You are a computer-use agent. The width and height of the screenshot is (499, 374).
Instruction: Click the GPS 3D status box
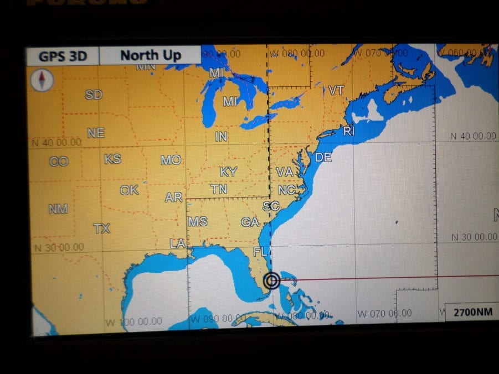[x=62, y=56]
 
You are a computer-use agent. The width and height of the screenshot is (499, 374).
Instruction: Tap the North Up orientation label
[x=151, y=55]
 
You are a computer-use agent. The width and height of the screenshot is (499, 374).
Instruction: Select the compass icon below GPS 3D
[x=43, y=80]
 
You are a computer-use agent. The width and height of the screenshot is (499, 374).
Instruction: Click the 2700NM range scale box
[x=472, y=312]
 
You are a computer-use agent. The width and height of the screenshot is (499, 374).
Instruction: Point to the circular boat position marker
[x=271, y=281]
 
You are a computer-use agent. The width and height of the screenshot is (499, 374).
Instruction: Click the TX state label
[x=101, y=228]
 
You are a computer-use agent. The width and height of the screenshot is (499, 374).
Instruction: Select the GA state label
[x=250, y=222]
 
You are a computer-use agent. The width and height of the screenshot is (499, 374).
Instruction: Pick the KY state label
[x=228, y=172]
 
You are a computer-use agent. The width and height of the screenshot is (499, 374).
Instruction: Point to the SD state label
[x=94, y=95]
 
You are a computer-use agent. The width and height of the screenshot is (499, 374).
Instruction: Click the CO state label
[x=59, y=162]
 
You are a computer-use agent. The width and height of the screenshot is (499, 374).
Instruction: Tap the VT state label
[x=336, y=90]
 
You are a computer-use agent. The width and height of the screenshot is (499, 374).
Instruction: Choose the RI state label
[x=349, y=131]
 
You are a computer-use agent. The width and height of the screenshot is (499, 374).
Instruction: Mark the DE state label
[x=323, y=158]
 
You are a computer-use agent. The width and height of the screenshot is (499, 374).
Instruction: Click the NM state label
[x=58, y=209]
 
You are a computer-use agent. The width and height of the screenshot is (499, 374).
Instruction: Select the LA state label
[x=177, y=243]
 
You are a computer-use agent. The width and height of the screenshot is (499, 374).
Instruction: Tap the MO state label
[x=171, y=160]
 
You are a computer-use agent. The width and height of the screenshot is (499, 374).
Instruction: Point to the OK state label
[x=129, y=190]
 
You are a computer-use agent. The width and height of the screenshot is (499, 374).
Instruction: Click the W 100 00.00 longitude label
[x=133, y=321]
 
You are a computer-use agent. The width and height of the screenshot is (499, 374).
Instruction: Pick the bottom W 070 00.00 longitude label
[x=384, y=314]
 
